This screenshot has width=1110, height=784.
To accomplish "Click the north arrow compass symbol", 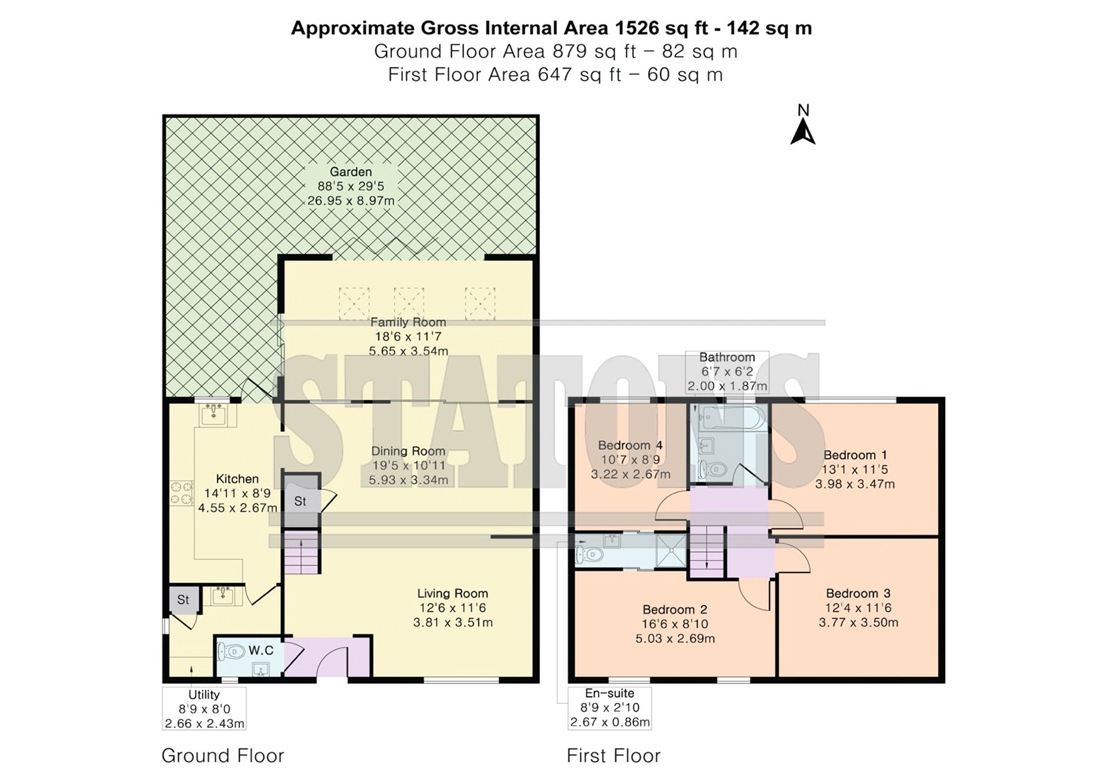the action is pyautogui.click(x=803, y=125).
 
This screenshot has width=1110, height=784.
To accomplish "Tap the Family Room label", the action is pyautogui.click(x=409, y=322).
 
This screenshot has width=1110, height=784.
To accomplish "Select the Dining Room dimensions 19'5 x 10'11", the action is pyautogui.click(x=409, y=466).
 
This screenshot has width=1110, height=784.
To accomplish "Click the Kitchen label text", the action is pyautogui.click(x=237, y=479).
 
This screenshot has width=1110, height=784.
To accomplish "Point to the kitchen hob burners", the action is pyautogui.click(x=182, y=494).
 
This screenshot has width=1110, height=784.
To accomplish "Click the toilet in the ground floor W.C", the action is pyautogui.click(x=232, y=651).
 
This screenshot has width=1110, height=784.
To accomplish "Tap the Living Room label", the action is pyautogui.click(x=452, y=593).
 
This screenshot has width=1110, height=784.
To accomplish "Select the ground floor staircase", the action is pyautogui.click(x=301, y=552).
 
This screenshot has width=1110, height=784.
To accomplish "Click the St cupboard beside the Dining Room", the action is pyautogui.click(x=300, y=500).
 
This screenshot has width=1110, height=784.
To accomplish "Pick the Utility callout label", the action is pyautogui.click(x=204, y=695).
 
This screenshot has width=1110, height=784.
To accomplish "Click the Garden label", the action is pyautogui.click(x=351, y=172).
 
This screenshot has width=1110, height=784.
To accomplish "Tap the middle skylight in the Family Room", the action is pyautogui.click(x=409, y=302).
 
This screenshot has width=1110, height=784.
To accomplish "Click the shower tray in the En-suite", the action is pyautogui.click(x=671, y=550).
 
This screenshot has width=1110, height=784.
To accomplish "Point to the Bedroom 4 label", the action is pyautogui.click(x=631, y=445).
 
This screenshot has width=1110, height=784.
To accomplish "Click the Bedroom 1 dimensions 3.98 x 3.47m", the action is pyautogui.click(x=855, y=484).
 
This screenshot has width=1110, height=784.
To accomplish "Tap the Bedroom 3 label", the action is pyautogui.click(x=858, y=593).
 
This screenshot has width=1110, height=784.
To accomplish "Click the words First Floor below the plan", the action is pyautogui.click(x=613, y=756).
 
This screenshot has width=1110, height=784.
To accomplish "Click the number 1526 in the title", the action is pyautogui.click(x=638, y=28).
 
